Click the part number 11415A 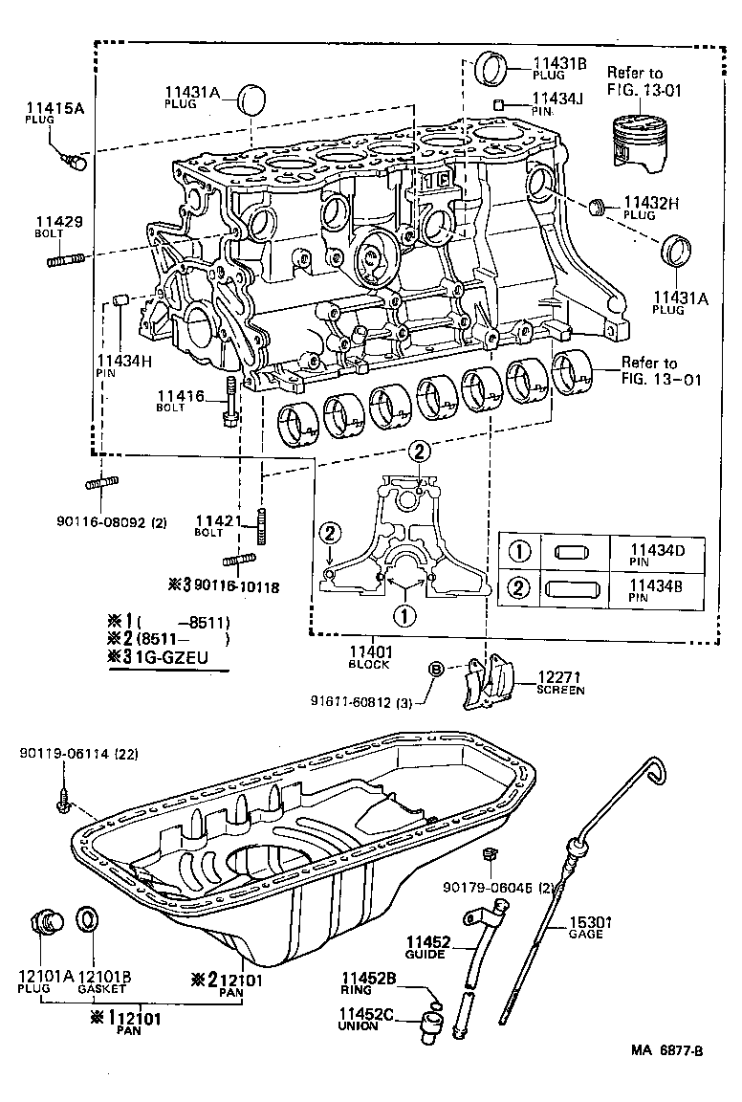(x=55, y=109)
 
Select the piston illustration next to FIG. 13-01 (x=634, y=145)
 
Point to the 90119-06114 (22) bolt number (x=78, y=754)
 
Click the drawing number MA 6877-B (x=666, y=1077)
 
